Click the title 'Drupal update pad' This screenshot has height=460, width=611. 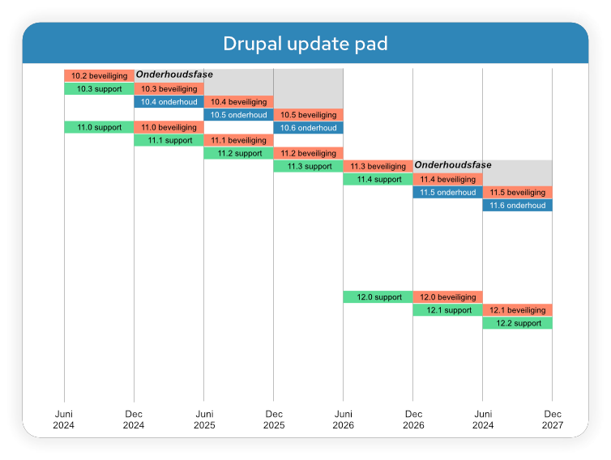click(305, 43)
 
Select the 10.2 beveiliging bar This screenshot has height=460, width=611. click(99, 75)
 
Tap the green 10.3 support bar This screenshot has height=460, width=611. click(99, 88)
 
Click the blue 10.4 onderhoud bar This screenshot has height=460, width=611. click(169, 101)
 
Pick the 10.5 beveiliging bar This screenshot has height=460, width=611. click(308, 114)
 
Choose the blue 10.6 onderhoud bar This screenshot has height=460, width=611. click(308, 127)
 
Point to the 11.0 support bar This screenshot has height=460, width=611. click(99, 127)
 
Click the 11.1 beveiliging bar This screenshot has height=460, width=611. click(238, 140)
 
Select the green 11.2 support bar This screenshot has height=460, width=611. click(238, 153)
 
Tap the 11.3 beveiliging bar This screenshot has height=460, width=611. click(378, 166)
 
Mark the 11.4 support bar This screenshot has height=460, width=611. click(378, 179)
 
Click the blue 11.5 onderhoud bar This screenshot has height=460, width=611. click(447, 192)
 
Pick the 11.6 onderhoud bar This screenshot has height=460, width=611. click(517, 205)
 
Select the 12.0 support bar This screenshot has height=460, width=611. click(378, 296)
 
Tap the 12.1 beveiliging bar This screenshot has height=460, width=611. click(517, 309)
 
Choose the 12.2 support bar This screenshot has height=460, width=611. click(517, 322)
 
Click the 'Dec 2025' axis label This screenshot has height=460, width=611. click(273, 418)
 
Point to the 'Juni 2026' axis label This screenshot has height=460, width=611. click(343, 418)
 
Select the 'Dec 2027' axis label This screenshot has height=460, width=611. click(552, 418)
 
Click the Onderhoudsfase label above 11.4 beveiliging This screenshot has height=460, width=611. click(453, 165)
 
